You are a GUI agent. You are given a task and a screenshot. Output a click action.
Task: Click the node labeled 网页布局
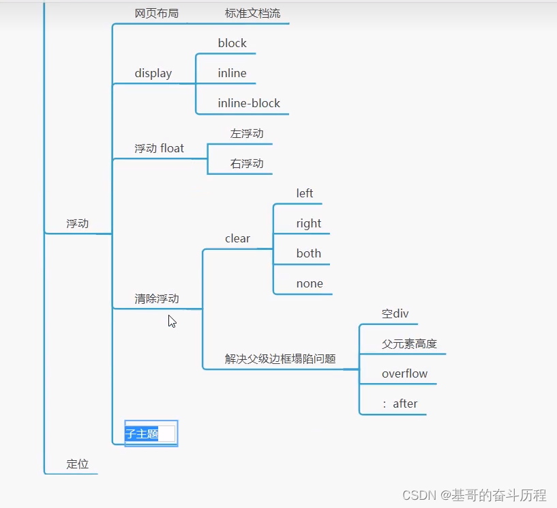157,13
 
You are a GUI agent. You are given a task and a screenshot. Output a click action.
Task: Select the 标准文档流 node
252,13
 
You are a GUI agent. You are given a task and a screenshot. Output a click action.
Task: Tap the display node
153,73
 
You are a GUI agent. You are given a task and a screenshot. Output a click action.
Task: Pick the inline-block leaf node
249,103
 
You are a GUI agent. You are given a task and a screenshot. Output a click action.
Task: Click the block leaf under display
232,43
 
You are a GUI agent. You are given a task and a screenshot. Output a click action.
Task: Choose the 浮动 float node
160,148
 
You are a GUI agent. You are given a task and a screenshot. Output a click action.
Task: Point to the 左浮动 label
247,133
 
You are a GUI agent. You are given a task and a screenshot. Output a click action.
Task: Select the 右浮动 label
247,163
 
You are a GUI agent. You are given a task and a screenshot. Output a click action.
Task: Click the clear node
237,238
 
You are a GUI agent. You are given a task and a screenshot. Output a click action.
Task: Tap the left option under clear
305,193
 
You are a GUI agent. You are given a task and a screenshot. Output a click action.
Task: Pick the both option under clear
309,253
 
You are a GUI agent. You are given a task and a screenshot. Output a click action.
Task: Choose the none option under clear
310,283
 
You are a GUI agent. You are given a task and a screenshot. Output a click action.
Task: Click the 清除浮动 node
157,298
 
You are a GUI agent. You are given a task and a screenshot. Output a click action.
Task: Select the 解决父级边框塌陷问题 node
280,358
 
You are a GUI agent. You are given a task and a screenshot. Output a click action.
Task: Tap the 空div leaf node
395,313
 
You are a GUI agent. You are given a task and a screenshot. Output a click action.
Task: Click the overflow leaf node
405,373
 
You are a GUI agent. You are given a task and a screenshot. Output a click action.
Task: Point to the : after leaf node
400,404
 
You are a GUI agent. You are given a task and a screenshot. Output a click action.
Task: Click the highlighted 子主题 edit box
151,433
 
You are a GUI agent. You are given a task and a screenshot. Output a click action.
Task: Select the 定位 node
78,464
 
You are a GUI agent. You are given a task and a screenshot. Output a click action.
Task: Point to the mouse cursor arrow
172,320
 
